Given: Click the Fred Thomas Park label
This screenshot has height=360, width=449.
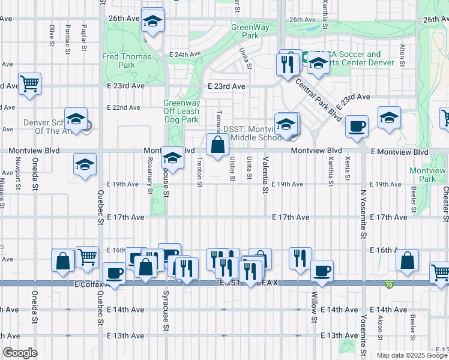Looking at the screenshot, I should pos(127,61).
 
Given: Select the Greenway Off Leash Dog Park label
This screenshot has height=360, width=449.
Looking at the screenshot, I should pos(181,111).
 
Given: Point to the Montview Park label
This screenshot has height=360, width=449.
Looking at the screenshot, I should pos(427,175).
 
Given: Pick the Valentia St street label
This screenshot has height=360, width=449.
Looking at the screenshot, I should pos(264,175).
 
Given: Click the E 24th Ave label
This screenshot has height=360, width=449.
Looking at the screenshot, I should pos(184,54).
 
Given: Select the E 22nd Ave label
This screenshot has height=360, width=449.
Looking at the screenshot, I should pos(124,107).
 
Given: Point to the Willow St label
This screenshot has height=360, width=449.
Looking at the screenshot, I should pos(314,307).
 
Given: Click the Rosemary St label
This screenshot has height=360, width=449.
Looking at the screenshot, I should pos(149,175).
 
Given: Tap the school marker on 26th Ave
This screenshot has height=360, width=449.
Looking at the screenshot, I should pos(152,22).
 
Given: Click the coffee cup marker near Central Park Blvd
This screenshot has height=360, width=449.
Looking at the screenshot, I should pos(357,126).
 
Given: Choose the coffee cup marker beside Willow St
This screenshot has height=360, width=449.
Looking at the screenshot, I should pos(322,271).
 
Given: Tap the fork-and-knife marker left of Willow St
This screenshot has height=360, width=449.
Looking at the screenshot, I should pos(299,257).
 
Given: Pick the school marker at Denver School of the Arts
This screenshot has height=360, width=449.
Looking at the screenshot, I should pos(76,119).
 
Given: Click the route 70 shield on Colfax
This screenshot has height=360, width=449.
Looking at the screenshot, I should pos(390,284).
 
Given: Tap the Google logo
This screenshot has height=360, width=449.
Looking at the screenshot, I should pos(20,353).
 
